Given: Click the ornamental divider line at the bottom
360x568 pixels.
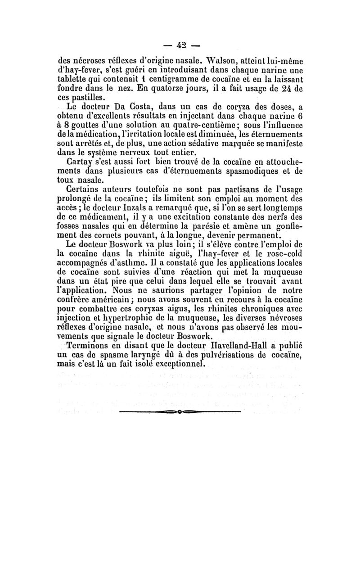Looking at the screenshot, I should tap(180, 411).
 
